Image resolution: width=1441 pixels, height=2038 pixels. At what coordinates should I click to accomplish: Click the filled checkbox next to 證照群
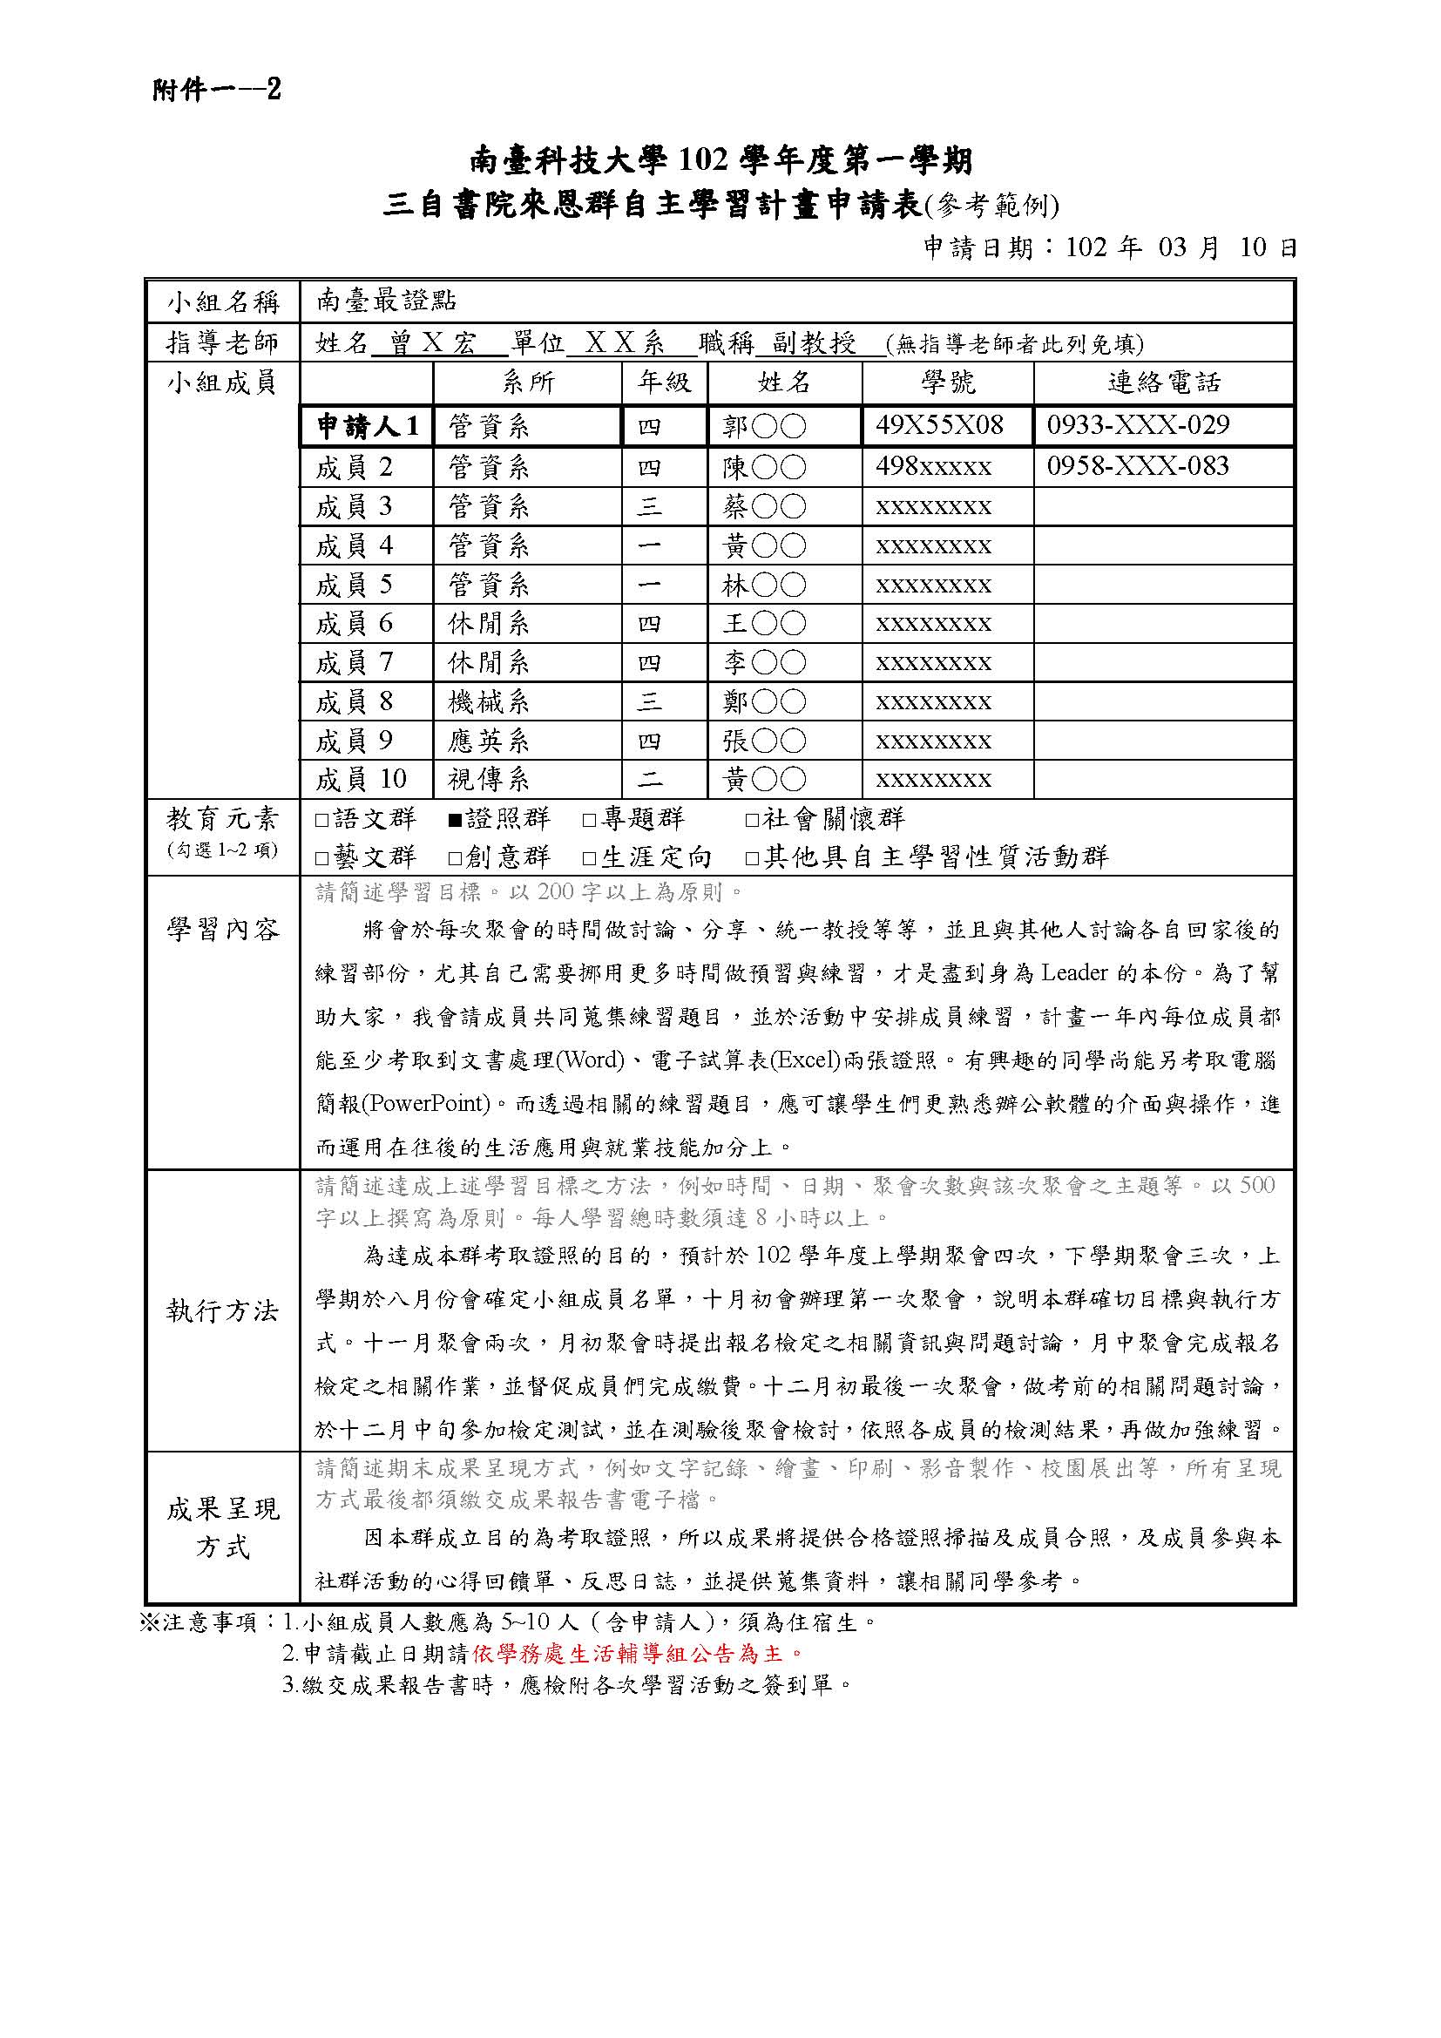pos(455,820)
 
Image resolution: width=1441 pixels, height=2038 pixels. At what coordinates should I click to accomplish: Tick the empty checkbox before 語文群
pos(322,820)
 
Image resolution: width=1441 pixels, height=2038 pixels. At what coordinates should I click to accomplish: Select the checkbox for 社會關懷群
pos(752,820)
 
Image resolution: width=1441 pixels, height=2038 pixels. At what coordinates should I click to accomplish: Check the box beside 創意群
pos(455,858)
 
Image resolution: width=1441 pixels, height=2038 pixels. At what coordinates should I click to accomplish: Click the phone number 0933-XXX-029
pos(1138,425)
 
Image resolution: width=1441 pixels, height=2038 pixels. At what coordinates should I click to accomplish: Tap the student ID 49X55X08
pos(939,425)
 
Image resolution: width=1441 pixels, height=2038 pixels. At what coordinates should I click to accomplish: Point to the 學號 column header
pos(948,383)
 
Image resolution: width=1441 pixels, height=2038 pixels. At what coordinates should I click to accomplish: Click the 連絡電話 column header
pos(1163,383)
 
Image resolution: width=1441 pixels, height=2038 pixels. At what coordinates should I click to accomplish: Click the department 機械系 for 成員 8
pos(488,702)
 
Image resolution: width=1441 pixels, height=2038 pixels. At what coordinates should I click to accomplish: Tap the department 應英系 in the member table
pos(488,741)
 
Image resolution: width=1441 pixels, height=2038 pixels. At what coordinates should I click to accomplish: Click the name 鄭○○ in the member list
pos(764,702)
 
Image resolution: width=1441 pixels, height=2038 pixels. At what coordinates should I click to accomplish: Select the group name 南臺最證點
pos(386,301)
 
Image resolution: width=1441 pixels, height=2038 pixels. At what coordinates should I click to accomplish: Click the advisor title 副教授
pos(814,342)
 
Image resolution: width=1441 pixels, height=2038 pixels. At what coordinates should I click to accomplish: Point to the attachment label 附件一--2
pos(217,90)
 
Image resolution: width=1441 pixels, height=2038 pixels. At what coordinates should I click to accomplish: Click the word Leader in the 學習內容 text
pos(1073,973)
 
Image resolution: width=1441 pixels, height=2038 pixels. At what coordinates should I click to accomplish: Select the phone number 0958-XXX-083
pos(1138,466)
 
